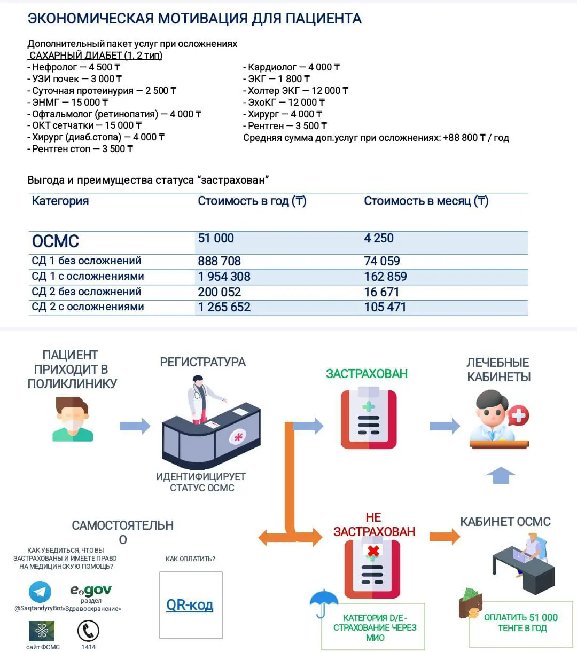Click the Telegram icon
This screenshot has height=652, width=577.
[x=40, y=592]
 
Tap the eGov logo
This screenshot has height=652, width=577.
[x=91, y=590]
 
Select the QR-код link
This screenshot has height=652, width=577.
[x=190, y=605]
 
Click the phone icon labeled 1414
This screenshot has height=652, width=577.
[x=88, y=631]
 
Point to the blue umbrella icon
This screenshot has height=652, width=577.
[x=324, y=601]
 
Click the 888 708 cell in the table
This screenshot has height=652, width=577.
[x=220, y=261]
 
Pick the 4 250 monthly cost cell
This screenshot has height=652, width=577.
[x=379, y=238]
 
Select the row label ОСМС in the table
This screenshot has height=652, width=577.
[x=56, y=241]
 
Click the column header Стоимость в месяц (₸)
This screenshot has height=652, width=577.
[x=426, y=201]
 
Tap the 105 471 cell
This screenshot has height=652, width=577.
[x=385, y=307]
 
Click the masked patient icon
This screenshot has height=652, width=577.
[x=73, y=419]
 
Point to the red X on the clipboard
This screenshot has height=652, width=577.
[x=373, y=551]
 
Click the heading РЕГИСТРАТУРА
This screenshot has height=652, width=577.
[x=202, y=362]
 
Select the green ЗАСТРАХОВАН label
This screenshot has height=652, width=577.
[x=367, y=374]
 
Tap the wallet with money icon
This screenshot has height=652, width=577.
[x=470, y=603]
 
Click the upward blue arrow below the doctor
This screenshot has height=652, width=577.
[x=501, y=475]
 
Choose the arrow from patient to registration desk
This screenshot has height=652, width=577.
[x=135, y=426]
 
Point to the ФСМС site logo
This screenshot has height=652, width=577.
[x=42, y=631]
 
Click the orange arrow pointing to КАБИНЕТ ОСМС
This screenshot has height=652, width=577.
[x=445, y=536]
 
